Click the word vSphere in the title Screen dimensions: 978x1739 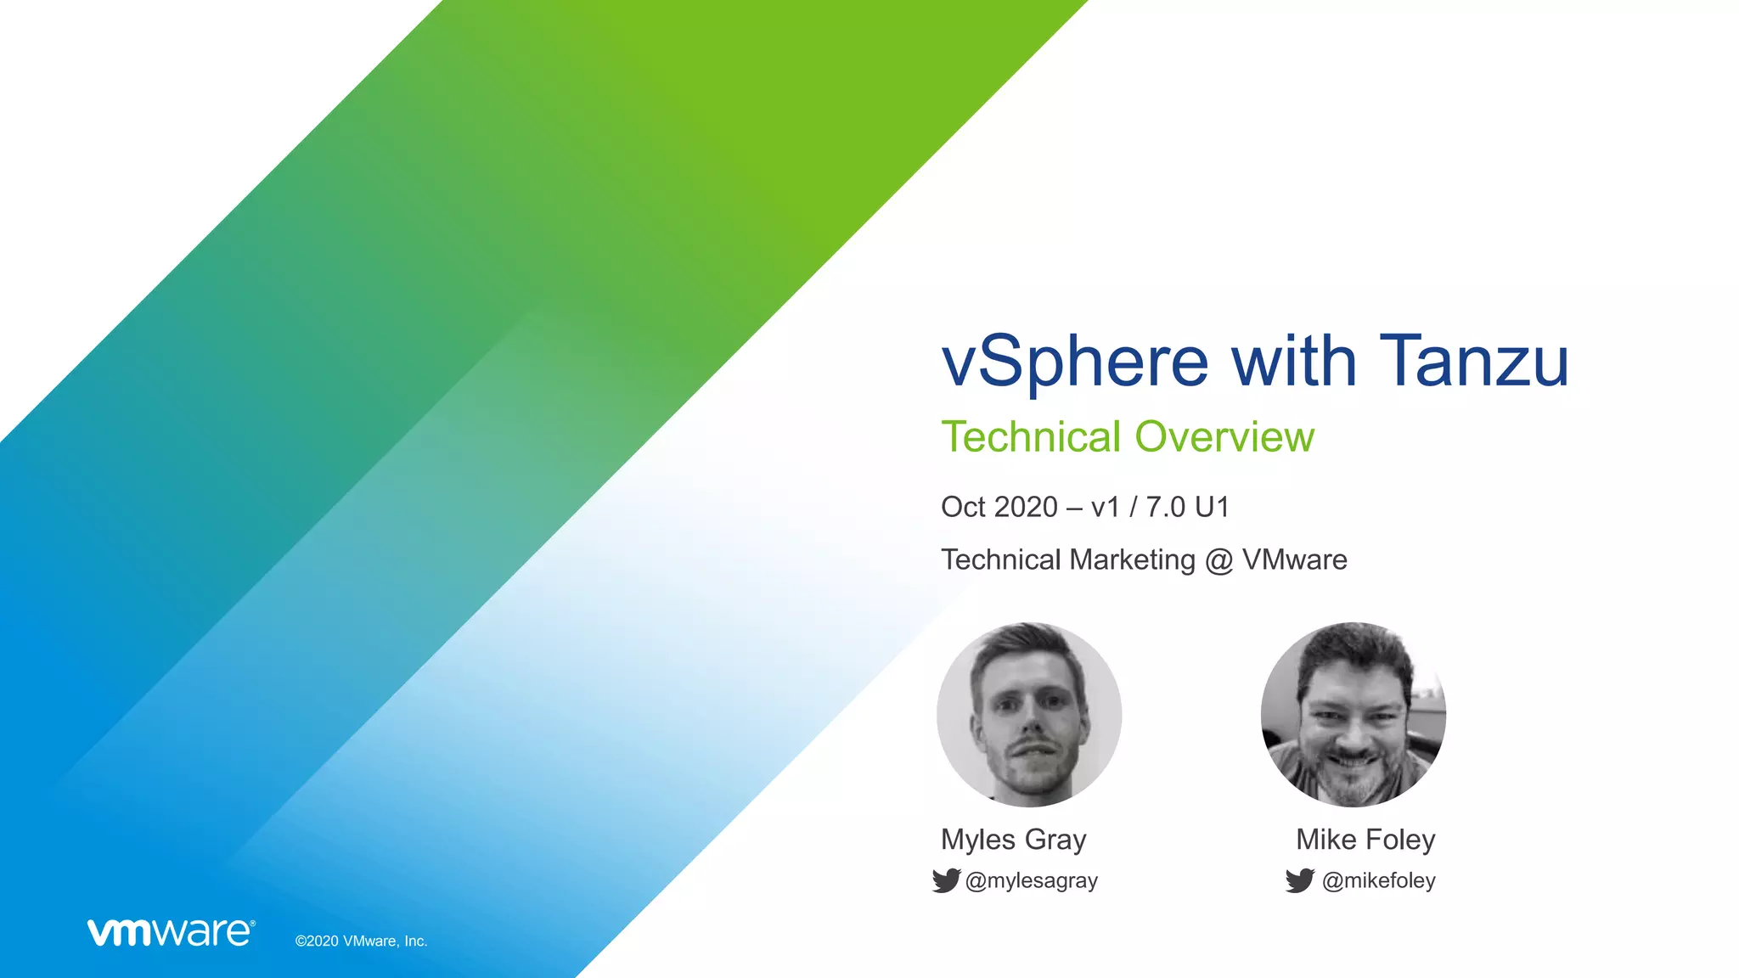point(1075,363)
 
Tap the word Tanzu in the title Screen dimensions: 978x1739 point(1474,361)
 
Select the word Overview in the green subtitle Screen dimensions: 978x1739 point(1224,437)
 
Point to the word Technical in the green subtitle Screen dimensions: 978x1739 point(1032,437)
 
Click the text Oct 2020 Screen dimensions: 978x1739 point(999,507)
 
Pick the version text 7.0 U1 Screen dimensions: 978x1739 point(1188,507)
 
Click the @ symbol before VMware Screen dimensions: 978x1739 point(1218,560)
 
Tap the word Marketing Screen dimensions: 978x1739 point(1133,560)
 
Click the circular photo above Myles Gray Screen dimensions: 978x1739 point(1029,715)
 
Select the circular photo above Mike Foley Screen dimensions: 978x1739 point(1353,715)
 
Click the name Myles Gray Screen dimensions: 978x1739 point(1014,840)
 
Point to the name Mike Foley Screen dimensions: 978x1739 point(1365,840)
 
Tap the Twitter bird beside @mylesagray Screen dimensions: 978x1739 point(946,880)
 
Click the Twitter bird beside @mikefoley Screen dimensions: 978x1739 point(1299,880)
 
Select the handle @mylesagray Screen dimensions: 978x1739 point(1032,881)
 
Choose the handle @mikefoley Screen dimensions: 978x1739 point(1379,881)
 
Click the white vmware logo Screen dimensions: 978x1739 point(171,932)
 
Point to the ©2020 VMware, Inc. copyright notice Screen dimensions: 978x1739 point(361,941)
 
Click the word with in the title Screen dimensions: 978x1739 point(1294,361)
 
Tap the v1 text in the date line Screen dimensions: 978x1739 point(1106,507)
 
